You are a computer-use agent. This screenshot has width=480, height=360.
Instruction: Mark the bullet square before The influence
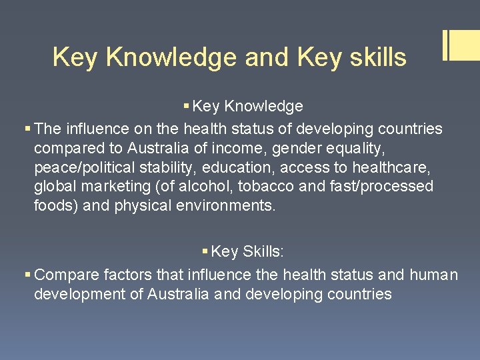coord(27,128)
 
